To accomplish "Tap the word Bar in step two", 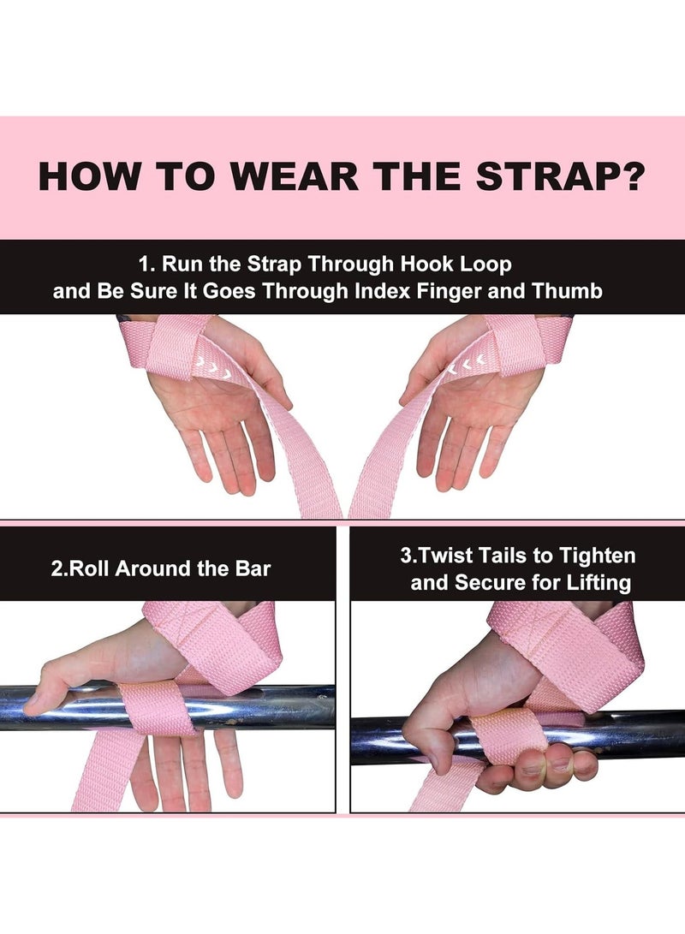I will pos(253,568).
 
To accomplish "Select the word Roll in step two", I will pos(92,568).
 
